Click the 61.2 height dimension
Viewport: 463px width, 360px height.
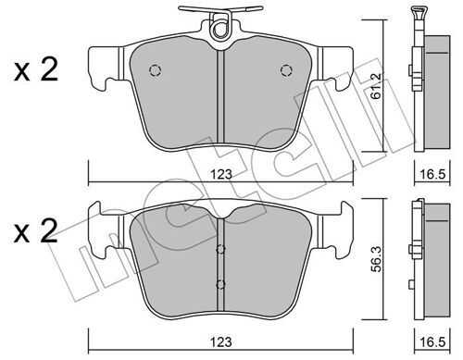click(x=377, y=86)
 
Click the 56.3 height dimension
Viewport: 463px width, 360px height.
click(x=377, y=259)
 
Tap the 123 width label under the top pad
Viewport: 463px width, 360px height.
click(x=221, y=174)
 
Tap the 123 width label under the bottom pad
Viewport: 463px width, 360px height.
click(x=221, y=341)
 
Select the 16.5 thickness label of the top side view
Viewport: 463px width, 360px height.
click(x=432, y=174)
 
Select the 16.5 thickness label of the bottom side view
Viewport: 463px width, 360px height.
click(x=432, y=341)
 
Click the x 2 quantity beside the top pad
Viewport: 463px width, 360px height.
click(x=36, y=70)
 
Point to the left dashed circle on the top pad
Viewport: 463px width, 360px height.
click(x=156, y=70)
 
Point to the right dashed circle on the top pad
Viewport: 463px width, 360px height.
click(x=286, y=70)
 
